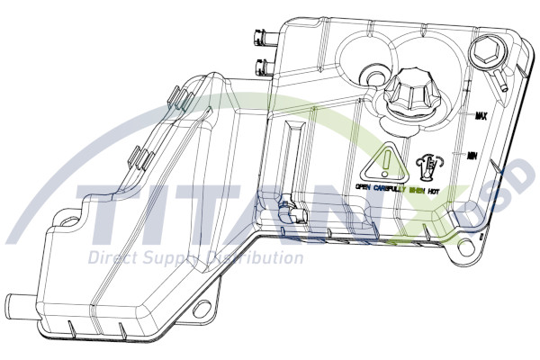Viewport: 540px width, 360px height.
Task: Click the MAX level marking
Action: coord(481,116)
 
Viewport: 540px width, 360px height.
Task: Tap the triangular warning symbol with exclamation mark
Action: coord(384,161)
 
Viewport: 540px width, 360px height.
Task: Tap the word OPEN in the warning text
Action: coord(363,188)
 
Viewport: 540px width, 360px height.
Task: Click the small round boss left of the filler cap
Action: coord(371,73)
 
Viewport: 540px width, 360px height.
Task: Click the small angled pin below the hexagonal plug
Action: coord(502,83)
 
